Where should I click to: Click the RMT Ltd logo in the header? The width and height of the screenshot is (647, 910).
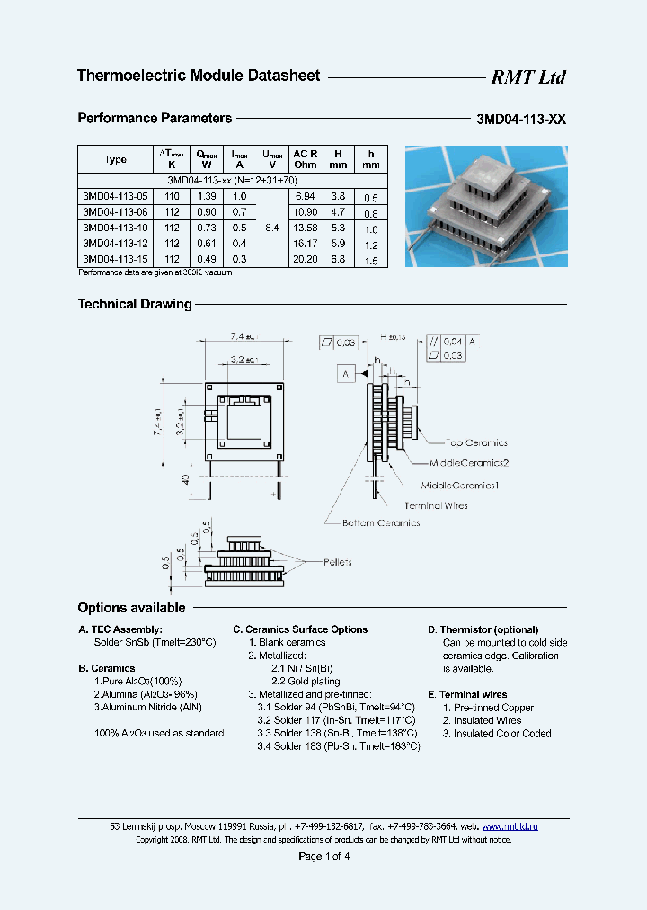coord(527,77)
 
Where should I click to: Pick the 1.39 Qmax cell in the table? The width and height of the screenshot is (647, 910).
coord(206,195)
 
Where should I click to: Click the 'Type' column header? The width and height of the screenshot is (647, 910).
coord(115,159)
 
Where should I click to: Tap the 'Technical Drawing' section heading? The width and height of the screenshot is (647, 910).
coord(135,304)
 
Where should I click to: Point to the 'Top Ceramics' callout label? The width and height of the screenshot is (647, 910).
coord(476,442)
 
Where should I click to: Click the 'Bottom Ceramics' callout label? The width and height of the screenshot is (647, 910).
coord(380,522)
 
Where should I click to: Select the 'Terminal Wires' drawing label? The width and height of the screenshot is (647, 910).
coord(436,505)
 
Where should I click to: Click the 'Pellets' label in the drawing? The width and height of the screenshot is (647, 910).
coord(336,562)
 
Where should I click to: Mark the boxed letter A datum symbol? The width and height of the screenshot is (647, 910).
coord(345,372)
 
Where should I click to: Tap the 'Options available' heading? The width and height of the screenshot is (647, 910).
coord(131,608)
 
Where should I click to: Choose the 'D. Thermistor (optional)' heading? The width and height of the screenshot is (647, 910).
coord(483,629)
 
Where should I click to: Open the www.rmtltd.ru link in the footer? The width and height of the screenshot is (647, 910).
coord(510,825)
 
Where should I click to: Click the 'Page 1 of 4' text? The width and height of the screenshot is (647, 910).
coord(323,856)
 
